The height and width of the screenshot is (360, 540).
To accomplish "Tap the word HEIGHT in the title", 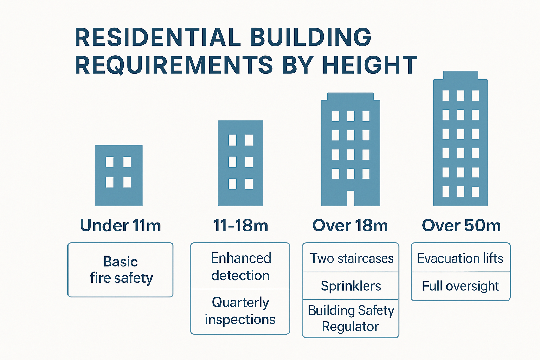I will point(369,65).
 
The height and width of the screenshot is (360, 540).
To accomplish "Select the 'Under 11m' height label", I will point(120,225).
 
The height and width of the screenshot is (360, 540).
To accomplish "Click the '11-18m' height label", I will point(240,225).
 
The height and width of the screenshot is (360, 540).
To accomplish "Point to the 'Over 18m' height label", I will point(350,225).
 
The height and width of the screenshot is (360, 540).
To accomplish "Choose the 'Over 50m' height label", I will point(461,225).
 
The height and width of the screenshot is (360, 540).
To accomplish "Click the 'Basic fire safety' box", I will point(121,270).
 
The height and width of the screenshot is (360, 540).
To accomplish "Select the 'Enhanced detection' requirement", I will point(240,266).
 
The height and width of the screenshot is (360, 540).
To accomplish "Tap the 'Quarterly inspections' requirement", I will point(240,311).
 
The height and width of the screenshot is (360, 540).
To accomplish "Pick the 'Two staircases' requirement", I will point(351,258).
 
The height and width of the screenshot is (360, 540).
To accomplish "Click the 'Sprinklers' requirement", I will point(351,286).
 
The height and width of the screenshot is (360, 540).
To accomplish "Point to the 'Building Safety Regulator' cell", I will point(351,318).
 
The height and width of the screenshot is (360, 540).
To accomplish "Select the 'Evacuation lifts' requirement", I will point(460,258).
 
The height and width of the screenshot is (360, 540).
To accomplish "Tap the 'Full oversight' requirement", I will point(461,286).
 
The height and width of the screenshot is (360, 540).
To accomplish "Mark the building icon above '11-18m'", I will point(240,163).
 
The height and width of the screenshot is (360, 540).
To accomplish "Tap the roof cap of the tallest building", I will point(461,75).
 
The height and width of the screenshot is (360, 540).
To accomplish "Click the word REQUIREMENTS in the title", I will point(174,65).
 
